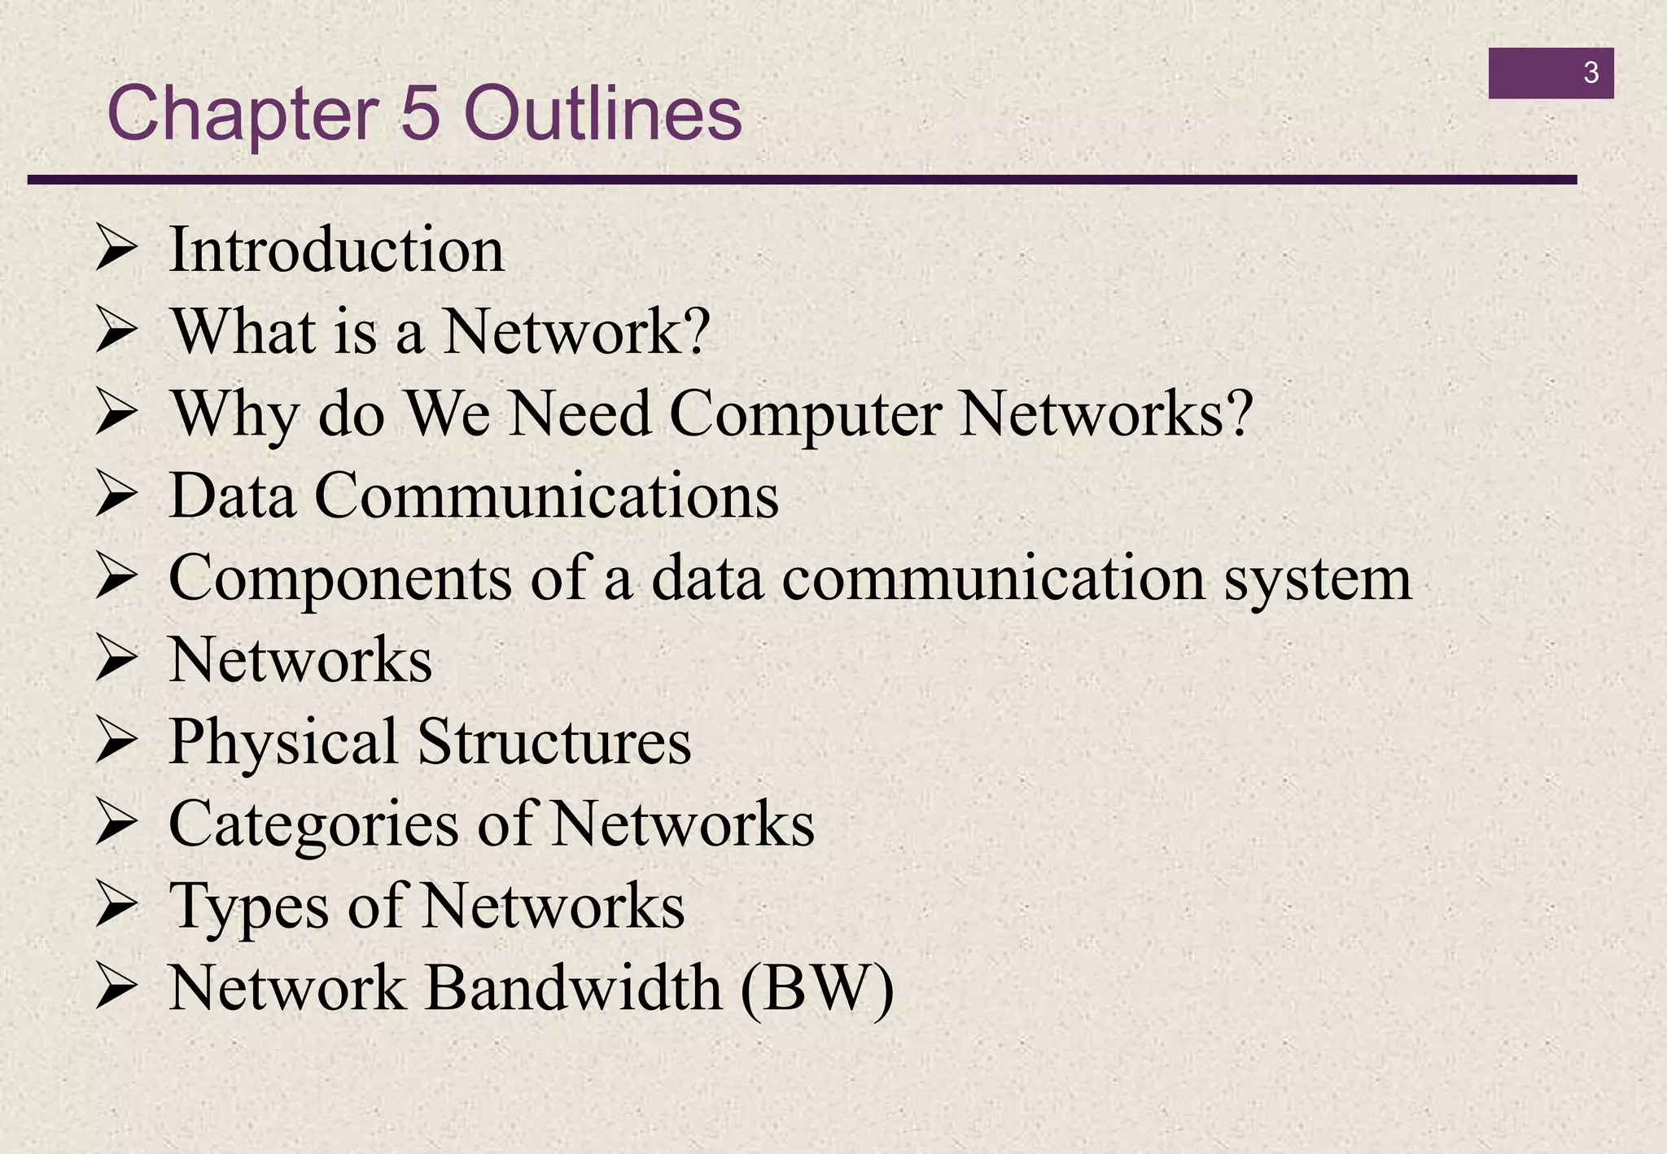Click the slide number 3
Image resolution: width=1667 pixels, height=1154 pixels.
[x=1590, y=73]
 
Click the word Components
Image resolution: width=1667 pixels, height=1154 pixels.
[x=340, y=578]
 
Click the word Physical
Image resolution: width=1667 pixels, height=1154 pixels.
[x=282, y=742]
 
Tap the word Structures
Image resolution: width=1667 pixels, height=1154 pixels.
[x=554, y=742]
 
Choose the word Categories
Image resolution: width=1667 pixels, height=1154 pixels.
[x=313, y=824]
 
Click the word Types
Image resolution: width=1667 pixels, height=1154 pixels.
[x=248, y=907]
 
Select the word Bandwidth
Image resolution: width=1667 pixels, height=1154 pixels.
[x=574, y=988]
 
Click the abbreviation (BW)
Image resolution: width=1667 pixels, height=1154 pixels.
[x=817, y=988]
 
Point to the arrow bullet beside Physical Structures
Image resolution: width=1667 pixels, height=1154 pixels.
[x=115, y=741]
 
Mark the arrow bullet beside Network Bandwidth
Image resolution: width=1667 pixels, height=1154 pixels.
[x=115, y=987]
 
